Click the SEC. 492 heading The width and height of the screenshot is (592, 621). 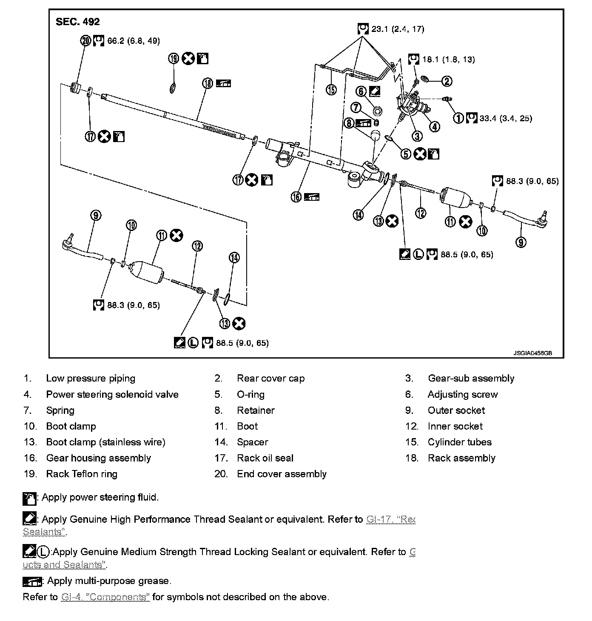coord(78,22)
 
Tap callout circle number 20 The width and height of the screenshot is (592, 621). coord(85,41)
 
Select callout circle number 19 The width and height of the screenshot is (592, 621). coord(174,58)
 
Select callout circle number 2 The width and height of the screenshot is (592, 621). coord(446,81)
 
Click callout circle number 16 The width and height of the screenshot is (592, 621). coord(296,197)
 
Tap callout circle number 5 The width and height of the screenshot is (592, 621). coord(406,154)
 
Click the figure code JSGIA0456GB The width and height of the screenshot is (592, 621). coord(532,353)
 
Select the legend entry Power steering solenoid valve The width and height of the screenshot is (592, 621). coord(112,394)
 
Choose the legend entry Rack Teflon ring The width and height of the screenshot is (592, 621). coord(82,474)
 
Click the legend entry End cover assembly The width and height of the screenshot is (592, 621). coord(282,474)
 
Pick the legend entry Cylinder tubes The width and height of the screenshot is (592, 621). coord(459,442)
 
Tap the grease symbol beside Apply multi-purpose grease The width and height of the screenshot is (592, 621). coord(32,581)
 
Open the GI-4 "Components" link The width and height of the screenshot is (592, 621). coord(105,597)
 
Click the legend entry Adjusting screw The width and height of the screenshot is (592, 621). coord(462,394)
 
